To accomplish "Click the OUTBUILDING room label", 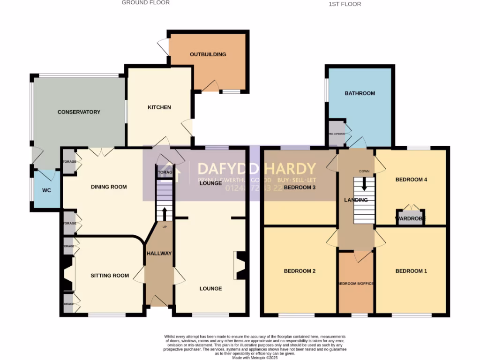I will (x=208, y=54).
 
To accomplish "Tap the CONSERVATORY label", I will (x=79, y=112).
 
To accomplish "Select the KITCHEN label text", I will (x=159, y=107).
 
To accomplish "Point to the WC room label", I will (x=46, y=190).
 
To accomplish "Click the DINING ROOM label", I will (x=109, y=187).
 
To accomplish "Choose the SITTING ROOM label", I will (x=110, y=276).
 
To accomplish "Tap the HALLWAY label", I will (x=159, y=254).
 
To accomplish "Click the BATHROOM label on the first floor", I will (x=360, y=93).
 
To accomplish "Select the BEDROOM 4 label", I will (x=411, y=180).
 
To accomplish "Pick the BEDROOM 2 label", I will (x=300, y=271).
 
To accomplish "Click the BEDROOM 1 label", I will (x=411, y=271).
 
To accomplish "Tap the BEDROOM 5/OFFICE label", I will (x=356, y=284).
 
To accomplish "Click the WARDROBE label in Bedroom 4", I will (x=410, y=218).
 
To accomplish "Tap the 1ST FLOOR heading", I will (x=345, y=4).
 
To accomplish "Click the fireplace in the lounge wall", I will (x=241, y=266).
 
